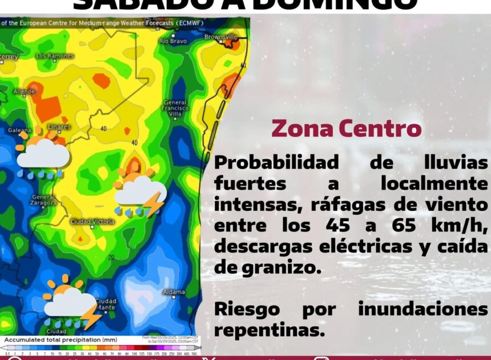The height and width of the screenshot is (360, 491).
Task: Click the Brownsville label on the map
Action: tap(221, 37)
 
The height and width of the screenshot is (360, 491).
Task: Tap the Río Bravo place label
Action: tap(172, 41)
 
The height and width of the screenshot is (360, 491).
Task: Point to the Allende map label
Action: tap(24, 91)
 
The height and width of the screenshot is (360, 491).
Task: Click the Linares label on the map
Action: tap(59, 126)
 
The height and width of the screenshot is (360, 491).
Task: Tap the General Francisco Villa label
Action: tap(175, 108)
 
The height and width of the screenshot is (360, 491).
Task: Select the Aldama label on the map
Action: tap(174, 292)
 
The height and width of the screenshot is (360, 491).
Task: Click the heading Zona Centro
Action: tap(346, 128)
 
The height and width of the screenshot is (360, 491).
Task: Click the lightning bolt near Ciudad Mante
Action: tap(91, 316)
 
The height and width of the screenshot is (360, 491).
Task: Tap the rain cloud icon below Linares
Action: tap(43, 154)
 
